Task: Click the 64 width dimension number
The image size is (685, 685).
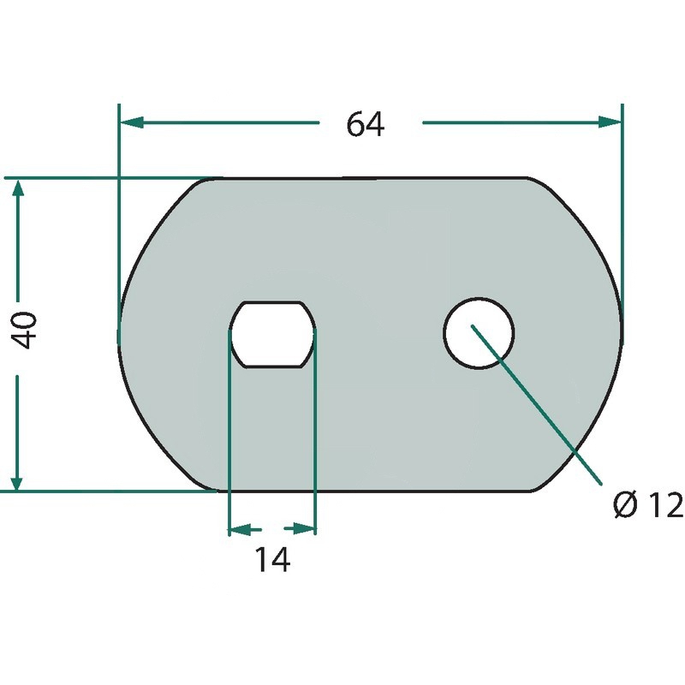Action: click(366, 124)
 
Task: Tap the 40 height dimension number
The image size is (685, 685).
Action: click(24, 330)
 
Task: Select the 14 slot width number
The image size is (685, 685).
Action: click(272, 560)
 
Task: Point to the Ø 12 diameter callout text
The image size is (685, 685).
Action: click(648, 504)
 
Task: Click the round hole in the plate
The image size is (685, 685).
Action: click(479, 333)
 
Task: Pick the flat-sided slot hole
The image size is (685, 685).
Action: click(272, 334)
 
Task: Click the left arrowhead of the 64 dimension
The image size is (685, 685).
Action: click(132, 122)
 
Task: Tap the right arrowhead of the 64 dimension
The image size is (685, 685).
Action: click(610, 122)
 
